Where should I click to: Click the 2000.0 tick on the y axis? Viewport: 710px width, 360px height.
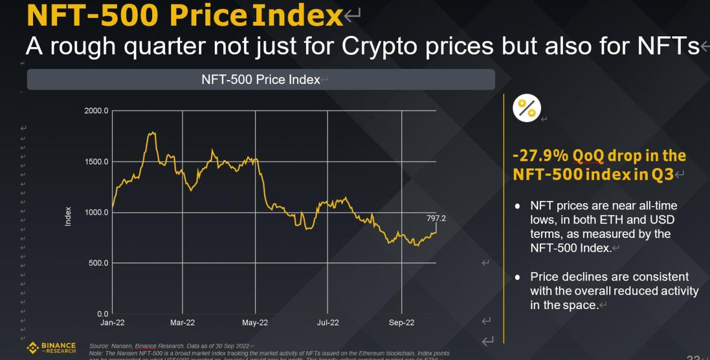pyautogui.click(x=96, y=111)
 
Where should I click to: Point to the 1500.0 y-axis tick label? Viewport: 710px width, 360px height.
pyautogui.click(x=96, y=162)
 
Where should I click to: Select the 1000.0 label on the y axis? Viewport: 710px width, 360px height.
pyautogui.click(x=96, y=212)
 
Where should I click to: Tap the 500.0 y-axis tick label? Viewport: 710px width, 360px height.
pyautogui.click(x=98, y=263)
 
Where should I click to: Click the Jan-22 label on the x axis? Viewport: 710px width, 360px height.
pyautogui.click(x=112, y=322)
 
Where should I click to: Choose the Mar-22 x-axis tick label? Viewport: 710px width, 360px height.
pyautogui.click(x=182, y=322)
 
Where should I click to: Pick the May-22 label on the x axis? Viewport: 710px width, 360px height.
pyautogui.click(x=255, y=322)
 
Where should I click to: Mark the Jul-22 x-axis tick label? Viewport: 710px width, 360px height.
pyautogui.click(x=328, y=322)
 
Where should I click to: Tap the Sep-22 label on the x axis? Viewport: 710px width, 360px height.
pyautogui.click(x=402, y=322)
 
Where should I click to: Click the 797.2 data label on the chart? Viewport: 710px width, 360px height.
pyautogui.click(x=436, y=218)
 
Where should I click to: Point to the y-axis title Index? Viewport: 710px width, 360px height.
pyautogui.click(x=68, y=216)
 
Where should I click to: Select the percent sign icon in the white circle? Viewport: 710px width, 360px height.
pyautogui.click(x=526, y=108)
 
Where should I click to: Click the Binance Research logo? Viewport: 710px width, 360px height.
pyautogui.click(x=51, y=348)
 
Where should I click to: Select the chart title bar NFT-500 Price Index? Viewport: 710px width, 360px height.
pyautogui.click(x=261, y=80)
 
